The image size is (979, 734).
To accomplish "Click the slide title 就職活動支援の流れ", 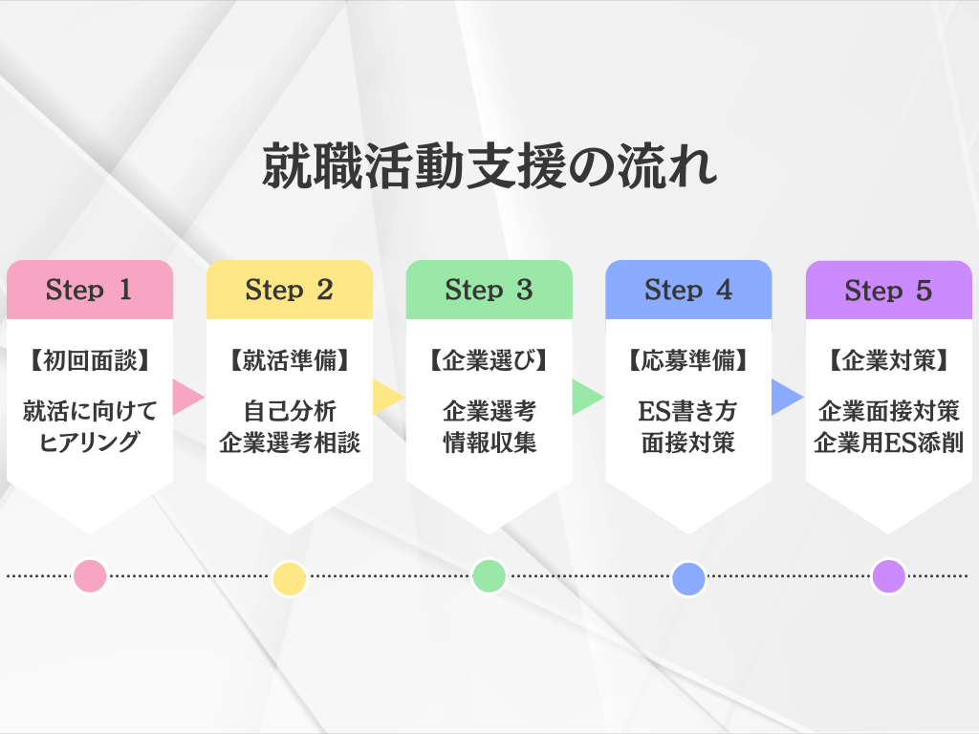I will click(489, 168).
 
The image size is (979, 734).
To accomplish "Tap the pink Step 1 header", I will click(90, 290).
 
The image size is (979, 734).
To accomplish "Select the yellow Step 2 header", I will click(290, 290).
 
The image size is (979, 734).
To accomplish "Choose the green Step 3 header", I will click(489, 290).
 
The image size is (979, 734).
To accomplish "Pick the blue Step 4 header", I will click(688, 290).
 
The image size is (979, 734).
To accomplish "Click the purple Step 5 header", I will click(888, 290).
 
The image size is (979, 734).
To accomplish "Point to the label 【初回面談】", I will click(90, 361).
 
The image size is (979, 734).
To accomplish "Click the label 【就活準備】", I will click(290, 361).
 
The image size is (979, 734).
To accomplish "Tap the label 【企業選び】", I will click(489, 361).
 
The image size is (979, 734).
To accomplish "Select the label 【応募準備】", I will click(688, 361).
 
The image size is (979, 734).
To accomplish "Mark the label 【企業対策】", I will click(888, 361).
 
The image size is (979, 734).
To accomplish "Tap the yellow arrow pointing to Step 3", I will click(387, 397).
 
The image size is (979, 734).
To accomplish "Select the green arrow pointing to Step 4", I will click(586, 397).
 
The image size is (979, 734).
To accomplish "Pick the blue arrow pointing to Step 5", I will click(786, 397).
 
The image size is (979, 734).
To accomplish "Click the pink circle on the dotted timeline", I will click(90, 575).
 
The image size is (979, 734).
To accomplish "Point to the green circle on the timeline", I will click(489, 575).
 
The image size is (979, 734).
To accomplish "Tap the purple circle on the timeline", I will click(888, 575).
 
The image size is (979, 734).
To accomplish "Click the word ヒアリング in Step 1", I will click(90, 443).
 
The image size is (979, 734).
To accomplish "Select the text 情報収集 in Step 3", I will click(489, 443).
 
